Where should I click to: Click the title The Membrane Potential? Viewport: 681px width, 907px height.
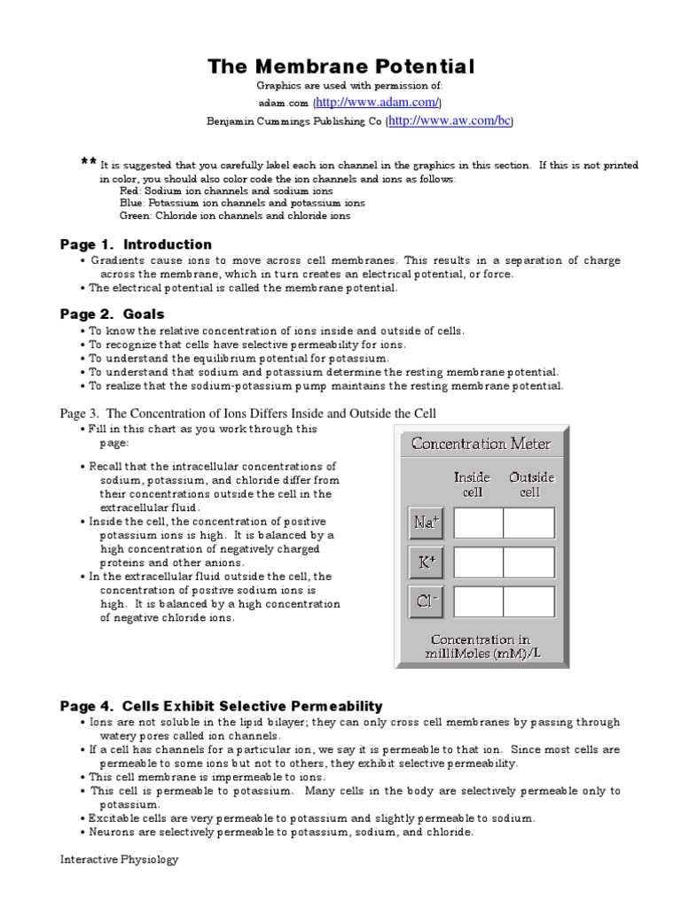(x=340, y=67)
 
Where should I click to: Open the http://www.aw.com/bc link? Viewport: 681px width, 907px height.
(x=450, y=120)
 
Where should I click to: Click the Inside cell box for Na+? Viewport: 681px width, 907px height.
(x=478, y=523)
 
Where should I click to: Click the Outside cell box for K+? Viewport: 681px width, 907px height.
(x=529, y=562)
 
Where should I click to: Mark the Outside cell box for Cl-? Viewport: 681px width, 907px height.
(x=529, y=601)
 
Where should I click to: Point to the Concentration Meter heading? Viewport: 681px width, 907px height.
(x=481, y=444)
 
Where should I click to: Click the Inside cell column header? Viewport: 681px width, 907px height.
(x=472, y=485)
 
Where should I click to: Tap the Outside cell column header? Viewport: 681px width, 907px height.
(x=530, y=485)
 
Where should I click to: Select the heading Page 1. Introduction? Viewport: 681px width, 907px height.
(x=136, y=244)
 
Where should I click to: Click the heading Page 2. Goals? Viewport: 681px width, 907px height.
(x=112, y=314)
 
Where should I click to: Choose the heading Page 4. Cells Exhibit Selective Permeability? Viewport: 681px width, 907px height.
(x=221, y=706)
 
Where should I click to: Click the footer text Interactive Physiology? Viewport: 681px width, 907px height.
(x=119, y=860)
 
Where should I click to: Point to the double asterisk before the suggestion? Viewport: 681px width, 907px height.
(x=88, y=162)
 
